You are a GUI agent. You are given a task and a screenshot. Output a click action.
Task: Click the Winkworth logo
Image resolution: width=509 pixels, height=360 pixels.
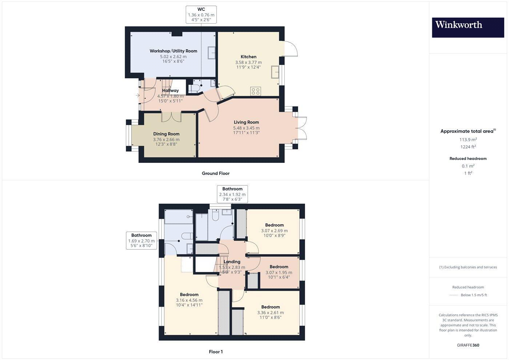[468, 27]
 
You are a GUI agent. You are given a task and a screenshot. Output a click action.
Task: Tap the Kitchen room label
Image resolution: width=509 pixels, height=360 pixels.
[248, 57]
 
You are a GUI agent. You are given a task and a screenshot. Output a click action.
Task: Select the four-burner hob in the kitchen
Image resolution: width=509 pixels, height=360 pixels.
[255, 91]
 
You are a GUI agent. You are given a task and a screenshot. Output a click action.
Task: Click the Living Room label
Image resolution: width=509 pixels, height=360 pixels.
[246, 122]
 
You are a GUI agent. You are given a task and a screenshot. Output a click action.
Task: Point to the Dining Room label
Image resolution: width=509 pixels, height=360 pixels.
[166, 134]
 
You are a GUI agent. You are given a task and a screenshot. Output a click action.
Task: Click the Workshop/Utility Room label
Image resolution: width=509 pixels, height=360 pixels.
[173, 51]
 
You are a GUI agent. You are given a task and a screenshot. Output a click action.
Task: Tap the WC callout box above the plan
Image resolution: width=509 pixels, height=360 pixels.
[201, 15]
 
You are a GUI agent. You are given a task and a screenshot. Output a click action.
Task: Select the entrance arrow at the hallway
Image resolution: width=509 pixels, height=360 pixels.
[137, 96]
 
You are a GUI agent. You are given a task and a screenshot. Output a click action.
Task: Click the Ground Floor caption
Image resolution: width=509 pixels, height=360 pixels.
[216, 173]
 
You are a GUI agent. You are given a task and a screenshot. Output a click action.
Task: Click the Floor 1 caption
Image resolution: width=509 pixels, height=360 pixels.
[216, 352]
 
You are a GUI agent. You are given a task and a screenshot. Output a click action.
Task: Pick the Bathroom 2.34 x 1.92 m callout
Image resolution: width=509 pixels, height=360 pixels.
[232, 194]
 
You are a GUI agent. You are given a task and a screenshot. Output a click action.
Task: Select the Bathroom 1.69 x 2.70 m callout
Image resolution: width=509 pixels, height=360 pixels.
[141, 241]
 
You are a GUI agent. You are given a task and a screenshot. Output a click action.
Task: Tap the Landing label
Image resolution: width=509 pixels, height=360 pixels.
[232, 262]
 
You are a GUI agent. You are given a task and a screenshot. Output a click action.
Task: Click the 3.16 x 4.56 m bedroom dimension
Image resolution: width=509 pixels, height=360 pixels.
[189, 300]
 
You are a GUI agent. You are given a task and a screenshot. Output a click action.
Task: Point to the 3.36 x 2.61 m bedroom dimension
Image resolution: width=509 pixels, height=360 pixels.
[270, 313]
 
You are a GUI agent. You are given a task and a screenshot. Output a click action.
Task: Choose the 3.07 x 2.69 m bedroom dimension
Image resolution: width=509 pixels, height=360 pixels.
[274, 231]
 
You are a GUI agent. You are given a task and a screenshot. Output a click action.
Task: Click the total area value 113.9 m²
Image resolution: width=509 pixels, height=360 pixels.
[468, 140]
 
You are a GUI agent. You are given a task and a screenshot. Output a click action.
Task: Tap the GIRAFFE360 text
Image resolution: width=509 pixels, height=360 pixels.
[468, 345]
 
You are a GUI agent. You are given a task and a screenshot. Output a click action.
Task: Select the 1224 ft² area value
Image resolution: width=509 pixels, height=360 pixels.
[468, 147]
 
